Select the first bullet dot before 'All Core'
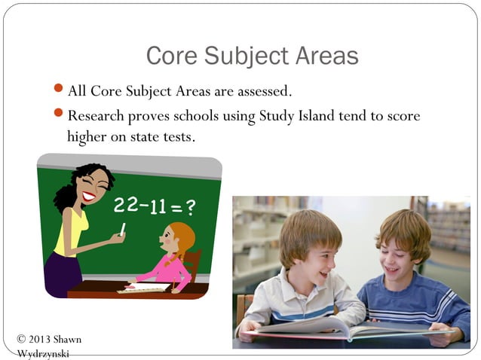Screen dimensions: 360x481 click(x=60, y=90)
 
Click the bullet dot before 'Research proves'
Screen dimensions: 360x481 click(x=60, y=114)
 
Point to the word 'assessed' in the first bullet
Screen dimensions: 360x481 click(x=264, y=92)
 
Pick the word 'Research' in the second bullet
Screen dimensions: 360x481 click(x=94, y=117)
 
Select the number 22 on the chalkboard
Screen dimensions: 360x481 click(x=127, y=204)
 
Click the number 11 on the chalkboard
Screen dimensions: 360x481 click(x=157, y=206)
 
